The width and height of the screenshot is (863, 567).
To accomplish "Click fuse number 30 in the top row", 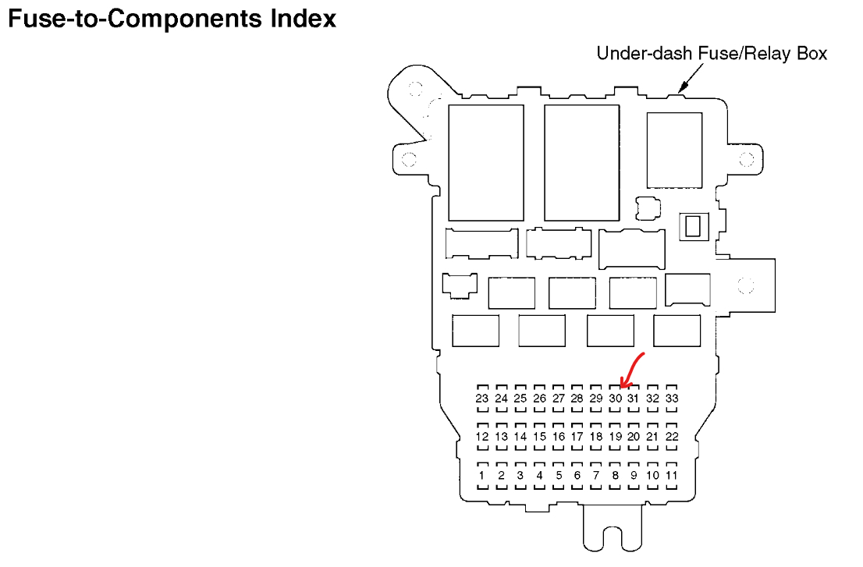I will pos(615,399).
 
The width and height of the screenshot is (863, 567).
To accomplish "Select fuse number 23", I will pos(482,399).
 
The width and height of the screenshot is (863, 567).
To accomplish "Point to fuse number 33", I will pos(672,399).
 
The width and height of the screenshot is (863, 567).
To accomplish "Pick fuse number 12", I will pos(482,437).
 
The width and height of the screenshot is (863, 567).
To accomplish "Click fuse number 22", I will pos(672,437).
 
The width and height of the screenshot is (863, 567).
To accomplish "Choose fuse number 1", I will pos(482,475).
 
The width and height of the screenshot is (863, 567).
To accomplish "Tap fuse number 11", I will pos(672,475).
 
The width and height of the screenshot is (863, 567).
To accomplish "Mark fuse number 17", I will pos(577,437).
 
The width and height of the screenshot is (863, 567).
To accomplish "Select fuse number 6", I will pos(577,475).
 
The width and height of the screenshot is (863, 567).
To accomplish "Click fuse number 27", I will pos(558,399).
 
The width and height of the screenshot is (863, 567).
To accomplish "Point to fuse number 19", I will pos(615,437).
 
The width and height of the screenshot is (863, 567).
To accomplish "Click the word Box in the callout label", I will pos(811,54).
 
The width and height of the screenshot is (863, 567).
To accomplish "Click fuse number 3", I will pos(520,475).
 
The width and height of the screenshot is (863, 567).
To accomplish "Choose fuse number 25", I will pos(520,399).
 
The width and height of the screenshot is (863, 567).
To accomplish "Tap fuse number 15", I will pos(539,437).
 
